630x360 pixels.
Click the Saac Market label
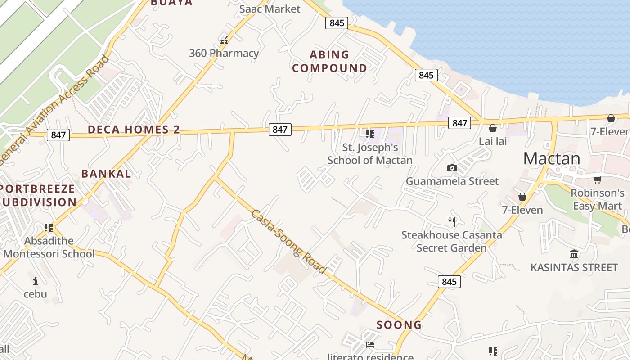click(x=270, y=9)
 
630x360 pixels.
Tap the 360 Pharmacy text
click(x=224, y=53)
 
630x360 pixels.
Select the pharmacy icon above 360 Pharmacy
click(x=224, y=41)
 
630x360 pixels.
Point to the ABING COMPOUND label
click(x=329, y=62)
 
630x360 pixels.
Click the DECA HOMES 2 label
click(x=134, y=130)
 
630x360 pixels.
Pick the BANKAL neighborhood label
click(x=106, y=174)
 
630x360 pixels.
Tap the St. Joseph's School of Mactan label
click(x=370, y=153)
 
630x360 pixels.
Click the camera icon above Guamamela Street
click(x=452, y=168)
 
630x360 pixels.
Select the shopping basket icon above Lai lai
click(x=493, y=129)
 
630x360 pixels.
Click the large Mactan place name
click(x=552, y=158)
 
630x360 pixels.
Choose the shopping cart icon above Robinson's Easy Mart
click(x=597, y=180)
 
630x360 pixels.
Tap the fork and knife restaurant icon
click(x=452, y=221)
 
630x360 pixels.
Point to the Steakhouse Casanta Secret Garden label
click(x=452, y=241)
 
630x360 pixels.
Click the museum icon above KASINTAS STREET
click(x=574, y=255)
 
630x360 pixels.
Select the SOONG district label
click(x=399, y=324)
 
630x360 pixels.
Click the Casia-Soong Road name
click(x=288, y=242)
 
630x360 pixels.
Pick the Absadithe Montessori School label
click(x=49, y=247)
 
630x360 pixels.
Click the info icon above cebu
click(x=36, y=281)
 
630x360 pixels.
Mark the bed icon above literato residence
click(x=370, y=345)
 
